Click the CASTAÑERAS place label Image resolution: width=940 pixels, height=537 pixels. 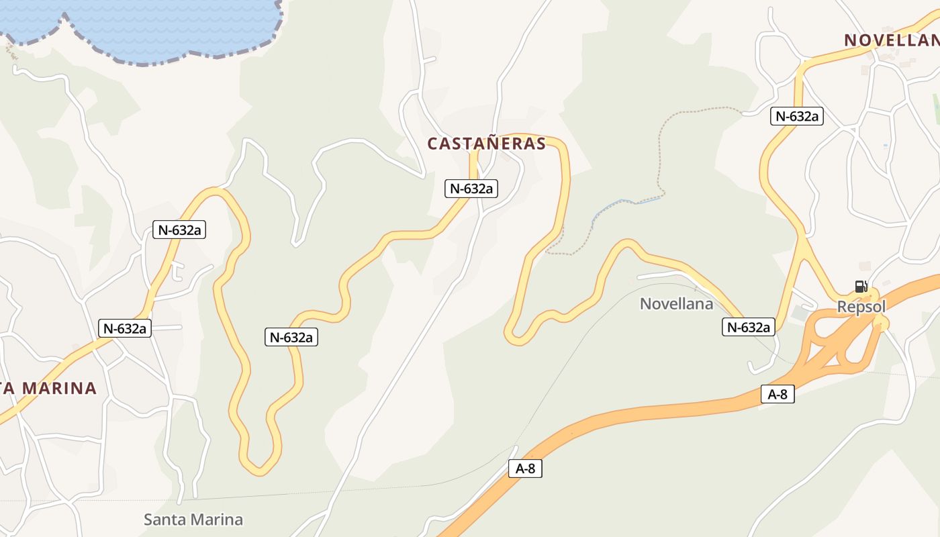coord(486,144)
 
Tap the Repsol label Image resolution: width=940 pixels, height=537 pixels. coord(861,307)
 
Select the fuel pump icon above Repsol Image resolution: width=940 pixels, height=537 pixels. coord(861,287)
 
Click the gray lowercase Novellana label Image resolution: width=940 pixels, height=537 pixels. coord(676,304)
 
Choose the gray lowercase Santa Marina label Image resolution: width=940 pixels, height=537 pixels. coord(193,519)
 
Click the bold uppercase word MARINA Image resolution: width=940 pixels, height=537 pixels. coord(60,388)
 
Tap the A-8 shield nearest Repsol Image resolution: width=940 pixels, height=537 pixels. coord(778,394)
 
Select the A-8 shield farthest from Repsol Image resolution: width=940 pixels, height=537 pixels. coord(525,469)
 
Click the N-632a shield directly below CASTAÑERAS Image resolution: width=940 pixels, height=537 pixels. coord(471,189)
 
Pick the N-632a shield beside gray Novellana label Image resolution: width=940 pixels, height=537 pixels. coord(749,327)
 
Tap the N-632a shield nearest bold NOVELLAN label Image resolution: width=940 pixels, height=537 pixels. coord(796,116)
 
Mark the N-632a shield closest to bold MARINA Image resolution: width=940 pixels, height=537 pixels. coord(125,328)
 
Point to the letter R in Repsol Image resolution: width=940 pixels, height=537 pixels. coord(842,307)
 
